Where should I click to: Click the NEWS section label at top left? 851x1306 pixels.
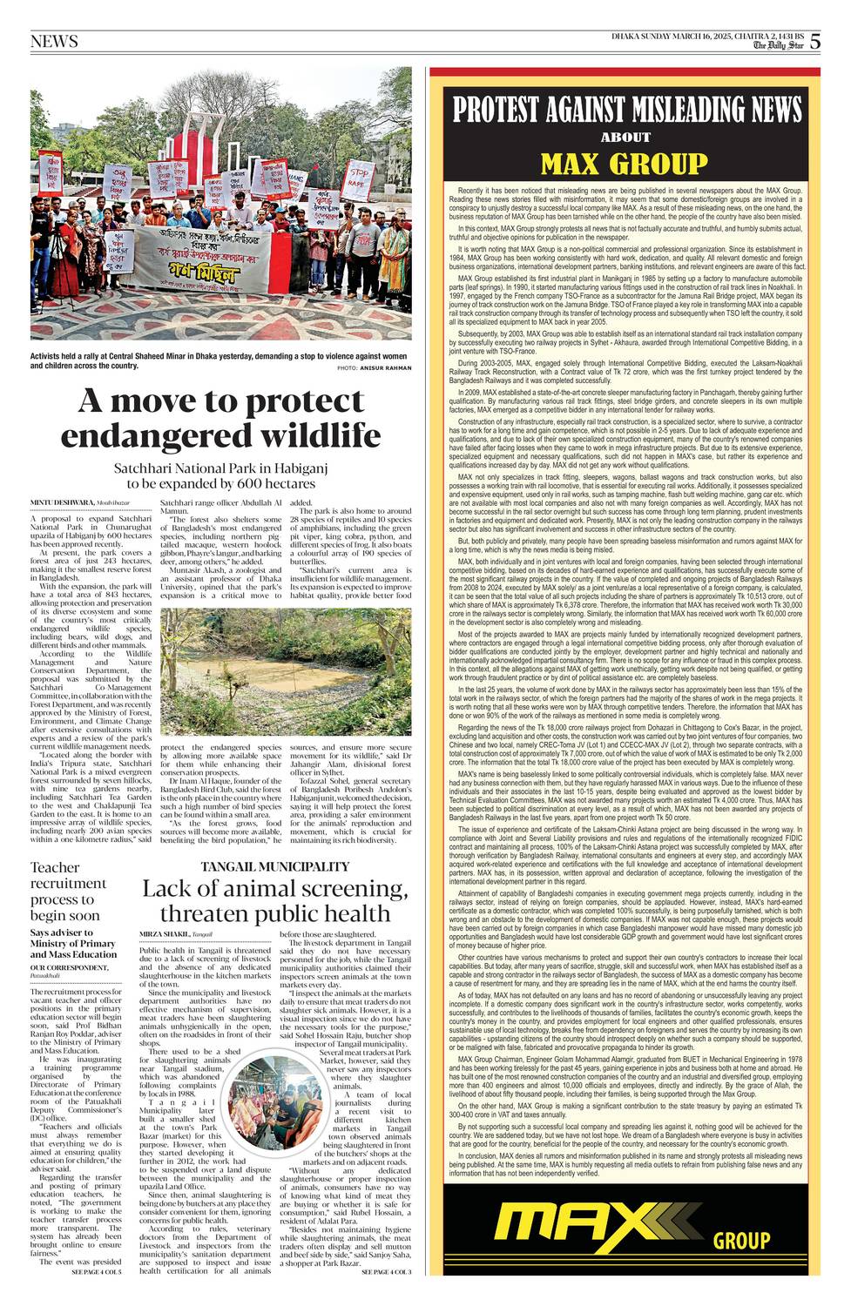click(54, 42)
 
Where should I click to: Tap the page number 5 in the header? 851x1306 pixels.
click(814, 41)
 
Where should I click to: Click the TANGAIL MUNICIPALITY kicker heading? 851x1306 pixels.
click(274, 866)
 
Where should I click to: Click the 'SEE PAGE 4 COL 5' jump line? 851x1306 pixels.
click(97, 1272)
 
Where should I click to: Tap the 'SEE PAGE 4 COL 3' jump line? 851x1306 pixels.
click(386, 1272)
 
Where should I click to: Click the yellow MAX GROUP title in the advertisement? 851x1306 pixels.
click(624, 163)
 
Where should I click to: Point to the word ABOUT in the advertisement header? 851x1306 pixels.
click(625, 137)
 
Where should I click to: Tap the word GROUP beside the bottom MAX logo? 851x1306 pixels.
click(741, 1242)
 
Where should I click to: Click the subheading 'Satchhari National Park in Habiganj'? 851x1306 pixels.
click(221, 468)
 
